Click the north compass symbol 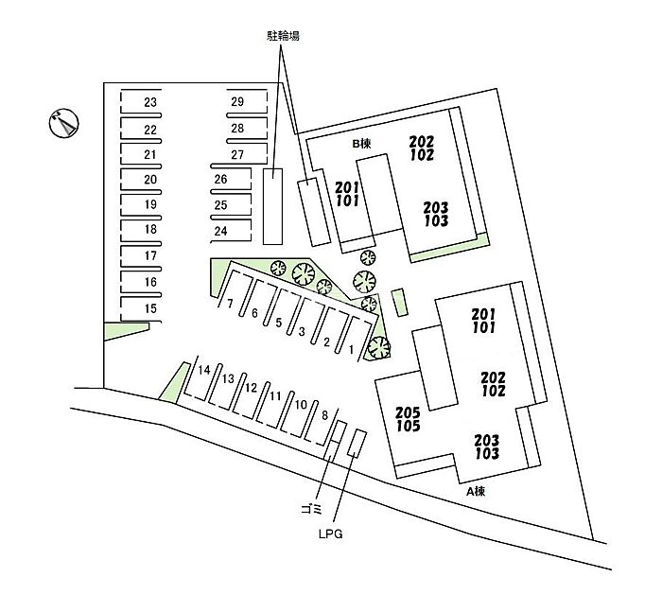[x=61, y=122]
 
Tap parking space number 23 [x=149, y=102]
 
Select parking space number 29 [x=237, y=102]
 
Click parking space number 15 [x=149, y=308]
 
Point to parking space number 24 [x=221, y=231]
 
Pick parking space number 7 [x=230, y=304]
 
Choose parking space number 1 [x=351, y=349]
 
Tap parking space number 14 [x=202, y=370]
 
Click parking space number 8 [x=324, y=414]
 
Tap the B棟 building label [x=360, y=144]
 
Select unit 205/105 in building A [x=409, y=419]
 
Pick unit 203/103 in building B [x=435, y=214]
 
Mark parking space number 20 [x=149, y=179]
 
